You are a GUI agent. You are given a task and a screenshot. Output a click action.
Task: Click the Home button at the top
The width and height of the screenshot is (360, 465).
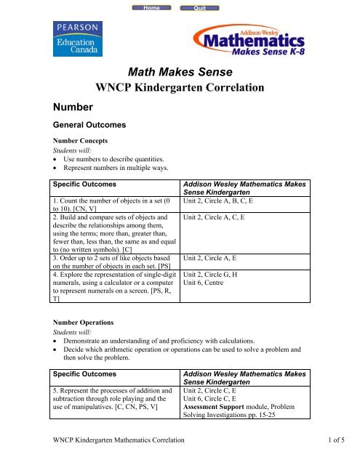(x=153, y=7)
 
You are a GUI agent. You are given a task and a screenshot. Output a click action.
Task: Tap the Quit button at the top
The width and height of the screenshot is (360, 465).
(x=199, y=7)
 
